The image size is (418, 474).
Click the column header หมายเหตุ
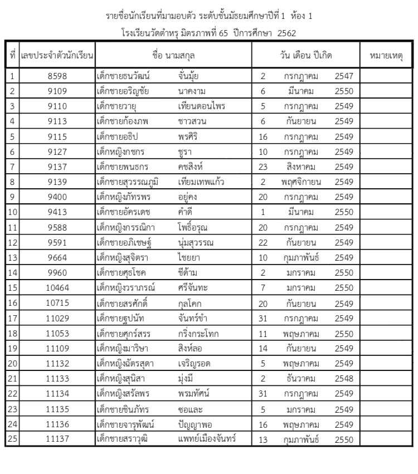tap(386, 56)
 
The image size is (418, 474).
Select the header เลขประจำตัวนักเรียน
tap(57, 56)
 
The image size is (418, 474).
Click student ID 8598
tap(57, 76)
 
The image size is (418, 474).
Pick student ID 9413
tap(57, 212)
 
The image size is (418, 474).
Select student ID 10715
tap(57, 304)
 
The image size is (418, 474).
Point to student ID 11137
tap(57, 439)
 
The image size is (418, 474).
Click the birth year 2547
tap(344, 76)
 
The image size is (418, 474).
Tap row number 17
tap(13, 319)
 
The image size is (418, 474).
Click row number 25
tap(13, 439)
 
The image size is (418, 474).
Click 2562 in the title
tap(286, 33)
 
